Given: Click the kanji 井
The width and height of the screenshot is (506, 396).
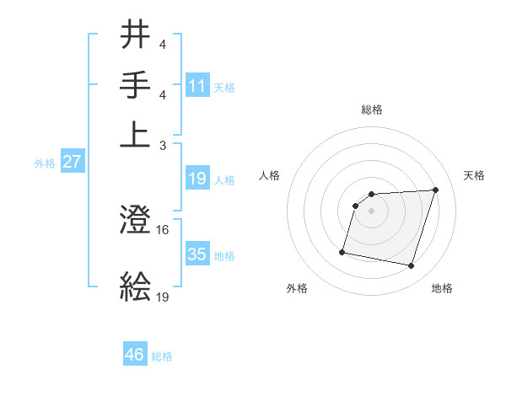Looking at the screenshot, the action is pos(137,36).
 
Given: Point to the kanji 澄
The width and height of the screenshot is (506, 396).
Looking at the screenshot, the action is pos(137,220).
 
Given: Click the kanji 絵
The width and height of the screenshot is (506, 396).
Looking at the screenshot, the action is pos(137,286).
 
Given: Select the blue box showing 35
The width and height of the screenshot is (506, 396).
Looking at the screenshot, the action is pos(197,254).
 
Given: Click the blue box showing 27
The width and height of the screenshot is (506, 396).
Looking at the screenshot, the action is pos(72,162).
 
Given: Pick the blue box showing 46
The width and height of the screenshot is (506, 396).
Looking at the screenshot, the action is pos(135,354).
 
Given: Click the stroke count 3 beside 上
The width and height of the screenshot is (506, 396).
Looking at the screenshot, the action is pos(163,145).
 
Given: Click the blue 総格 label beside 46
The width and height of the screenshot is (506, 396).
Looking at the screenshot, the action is pos(162,356).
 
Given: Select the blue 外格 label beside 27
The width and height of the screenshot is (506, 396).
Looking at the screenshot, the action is pos(45,163).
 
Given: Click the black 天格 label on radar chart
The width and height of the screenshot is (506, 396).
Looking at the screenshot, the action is pos(475,175).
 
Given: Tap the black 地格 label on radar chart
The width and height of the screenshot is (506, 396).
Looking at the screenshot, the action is pos(442,288).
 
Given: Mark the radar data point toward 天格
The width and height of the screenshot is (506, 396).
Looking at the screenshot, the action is pos(435,190).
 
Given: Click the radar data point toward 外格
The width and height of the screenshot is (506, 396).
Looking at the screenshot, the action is pos(342,251).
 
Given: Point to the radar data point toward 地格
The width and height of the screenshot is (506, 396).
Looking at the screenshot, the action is pos(411,266).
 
